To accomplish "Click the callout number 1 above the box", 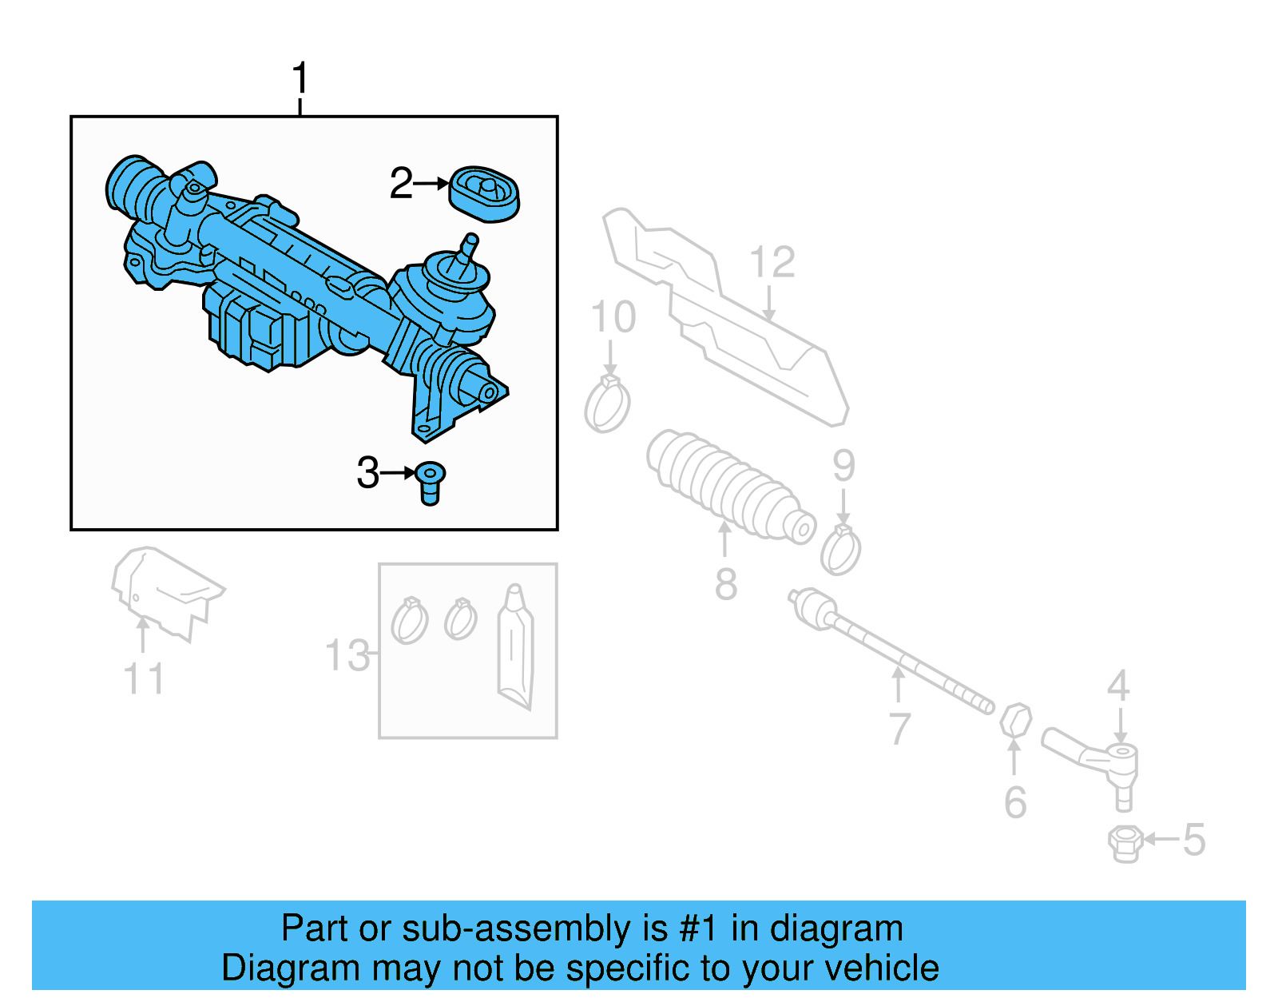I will pyautogui.click(x=300, y=79).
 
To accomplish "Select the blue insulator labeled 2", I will pyautogui.click(x=484, y=194).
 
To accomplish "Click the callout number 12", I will pyautogui.click(x=772, y=262).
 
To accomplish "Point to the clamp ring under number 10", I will pyautogui.click(x=607, y=405).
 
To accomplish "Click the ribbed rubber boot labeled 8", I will pyautogui.click(x=727, y=487).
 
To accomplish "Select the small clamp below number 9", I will pyautogui.click(x=841, y=551).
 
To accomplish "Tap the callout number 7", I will pyautogui.click(x=899, y=728).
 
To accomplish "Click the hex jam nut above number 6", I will pyautogui.click(x=1015, y=720).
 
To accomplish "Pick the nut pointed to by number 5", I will pyautogui.click(x=1124, y=843).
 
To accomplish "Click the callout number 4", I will pyautogui.click(x=1118, y=686).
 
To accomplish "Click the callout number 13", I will pyautogui.click(x=347, y=655).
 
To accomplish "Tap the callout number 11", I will pyautogui.click(x=144, y=679).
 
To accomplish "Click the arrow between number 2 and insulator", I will pyautogui.click(x=432, y=184).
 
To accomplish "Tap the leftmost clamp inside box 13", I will pyautogui.click(x=409, y=621).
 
